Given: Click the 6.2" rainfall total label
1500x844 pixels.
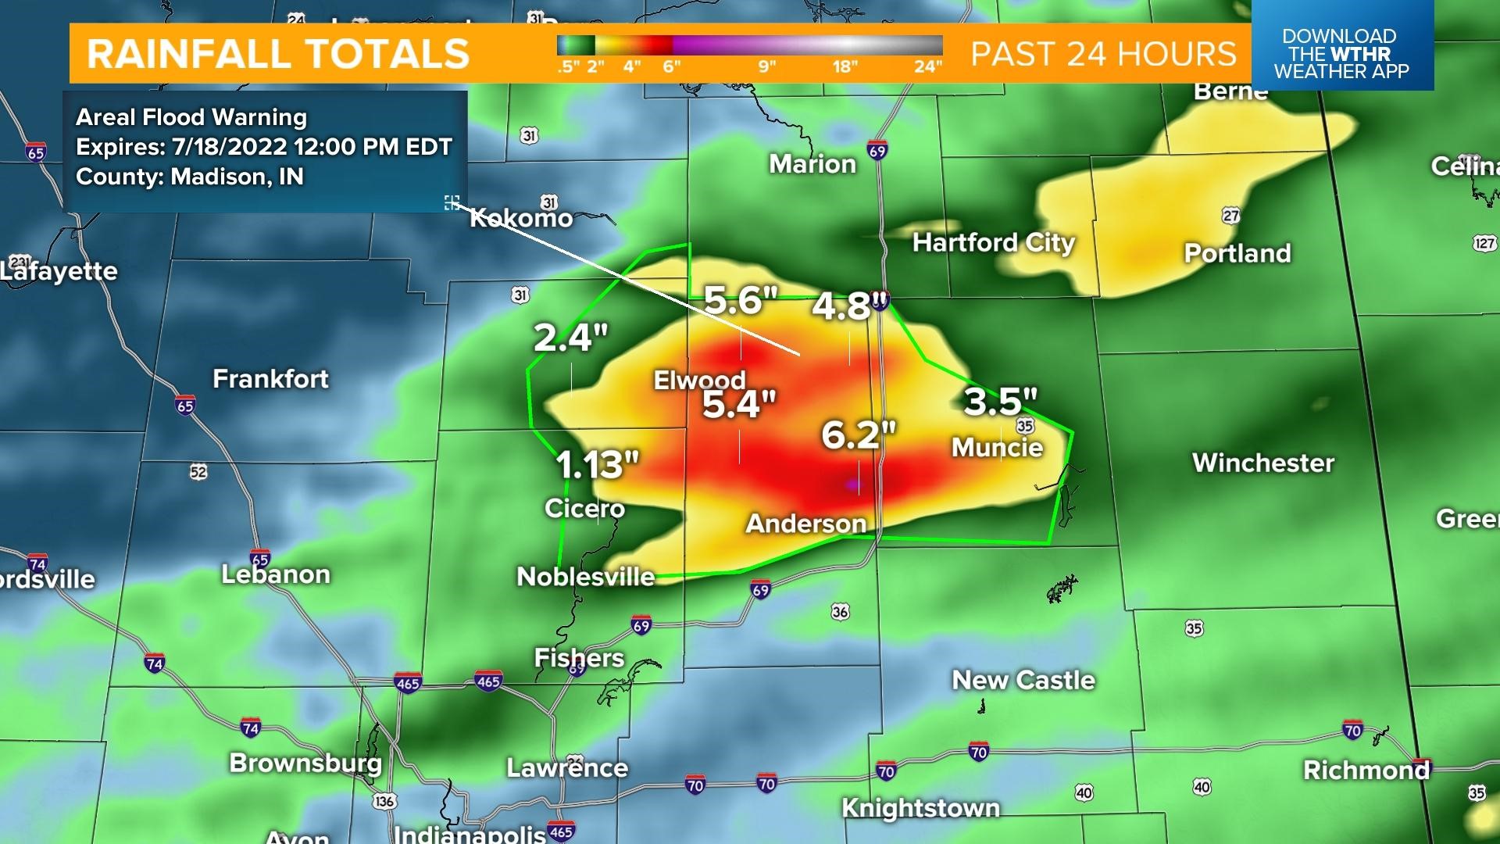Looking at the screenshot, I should pos(858,435).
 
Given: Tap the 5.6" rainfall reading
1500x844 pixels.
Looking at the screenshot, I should pos(741,300).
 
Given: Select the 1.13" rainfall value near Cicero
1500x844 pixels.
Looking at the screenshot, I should pos(597,465).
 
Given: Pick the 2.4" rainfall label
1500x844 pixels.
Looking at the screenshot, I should pos(570,338).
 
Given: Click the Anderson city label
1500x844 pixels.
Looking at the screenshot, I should pos(806,523).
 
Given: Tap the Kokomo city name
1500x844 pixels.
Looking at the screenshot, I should pos(521,217).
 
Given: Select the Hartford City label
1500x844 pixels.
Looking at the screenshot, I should pos(994,242).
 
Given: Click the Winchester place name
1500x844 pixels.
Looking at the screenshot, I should pos(1262,463).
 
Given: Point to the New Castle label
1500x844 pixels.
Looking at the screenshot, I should pos(1023,680).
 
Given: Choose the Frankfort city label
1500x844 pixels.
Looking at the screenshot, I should pos(271,379).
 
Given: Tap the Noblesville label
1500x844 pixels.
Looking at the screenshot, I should pos(586,577).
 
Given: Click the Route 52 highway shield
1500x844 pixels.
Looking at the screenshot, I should pos(198,471).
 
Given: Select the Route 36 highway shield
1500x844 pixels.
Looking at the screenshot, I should pos(841,611).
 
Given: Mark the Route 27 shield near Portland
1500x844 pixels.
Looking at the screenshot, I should pos(1231,216).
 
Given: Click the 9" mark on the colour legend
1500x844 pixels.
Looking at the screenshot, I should pos(766,66).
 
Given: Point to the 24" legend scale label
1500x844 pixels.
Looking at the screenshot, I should pos(927,66).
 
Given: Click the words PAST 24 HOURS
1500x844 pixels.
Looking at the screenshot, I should pos(1103,54).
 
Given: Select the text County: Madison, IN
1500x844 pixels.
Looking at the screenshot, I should pos(190,177).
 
